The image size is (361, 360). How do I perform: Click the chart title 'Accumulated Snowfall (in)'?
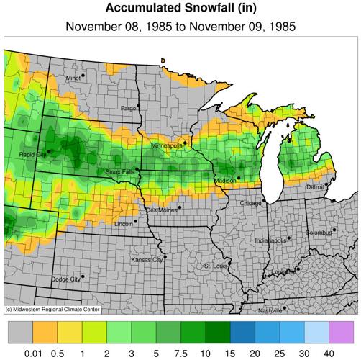[x=180, y=9]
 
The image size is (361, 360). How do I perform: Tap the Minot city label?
[x=73, y=77]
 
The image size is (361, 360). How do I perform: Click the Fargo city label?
[x=128, y=108]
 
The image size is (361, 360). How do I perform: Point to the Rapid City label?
[x=32, y=153]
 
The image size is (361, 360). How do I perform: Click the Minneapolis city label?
[x=167, y=145]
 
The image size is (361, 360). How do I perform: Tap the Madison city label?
[x=225, y=180]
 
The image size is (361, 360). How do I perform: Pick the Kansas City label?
[x=146, y=259]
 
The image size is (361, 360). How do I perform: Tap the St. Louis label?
[x=215, y=266]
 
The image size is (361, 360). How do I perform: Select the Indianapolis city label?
[x=272, y=240]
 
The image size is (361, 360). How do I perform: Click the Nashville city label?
[x=270, y=310]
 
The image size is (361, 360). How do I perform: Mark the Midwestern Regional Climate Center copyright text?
[x=52, y=309]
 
